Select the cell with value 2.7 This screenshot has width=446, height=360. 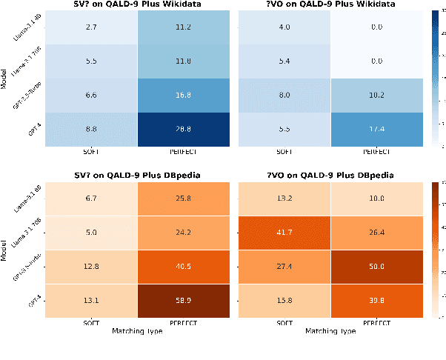(x=92, y=29)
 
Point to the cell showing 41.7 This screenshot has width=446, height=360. (x=284, y=232)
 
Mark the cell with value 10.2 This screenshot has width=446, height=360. (x=376, y=95)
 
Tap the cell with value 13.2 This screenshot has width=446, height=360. (x=284, y=198)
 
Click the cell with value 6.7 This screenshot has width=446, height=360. (x=92, y=198)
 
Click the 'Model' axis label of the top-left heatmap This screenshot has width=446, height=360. (x=6, y=79)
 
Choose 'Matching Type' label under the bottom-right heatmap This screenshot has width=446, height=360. (x=330, y=331)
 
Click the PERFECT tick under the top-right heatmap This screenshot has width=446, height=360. (x=376, y=153)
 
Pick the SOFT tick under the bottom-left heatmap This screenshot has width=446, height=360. (x=92, y=323)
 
